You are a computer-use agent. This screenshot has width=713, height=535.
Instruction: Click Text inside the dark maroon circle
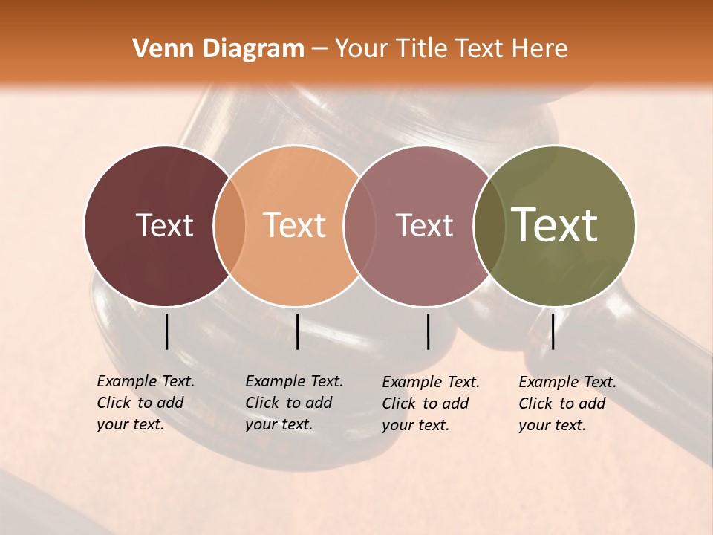pos(164,226)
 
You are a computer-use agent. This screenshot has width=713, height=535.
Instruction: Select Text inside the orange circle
pos(295,226)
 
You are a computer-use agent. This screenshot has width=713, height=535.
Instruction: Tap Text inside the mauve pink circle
pos(424,226)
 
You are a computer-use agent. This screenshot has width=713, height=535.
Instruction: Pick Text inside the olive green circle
pos(555,226)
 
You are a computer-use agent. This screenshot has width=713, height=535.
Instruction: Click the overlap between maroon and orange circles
pos(229,226)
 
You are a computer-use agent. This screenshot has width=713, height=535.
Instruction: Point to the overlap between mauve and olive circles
pos(489,226)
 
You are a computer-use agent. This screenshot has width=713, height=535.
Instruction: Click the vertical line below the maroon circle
pos(166,331)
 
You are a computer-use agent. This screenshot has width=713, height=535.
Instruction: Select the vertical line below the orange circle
pos(297,331)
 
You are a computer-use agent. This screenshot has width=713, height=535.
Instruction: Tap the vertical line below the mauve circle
pos(428,331)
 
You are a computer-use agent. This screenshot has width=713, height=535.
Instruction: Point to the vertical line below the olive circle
pos(553,331)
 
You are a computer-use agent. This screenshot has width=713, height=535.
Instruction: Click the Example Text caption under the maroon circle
pos(145,403)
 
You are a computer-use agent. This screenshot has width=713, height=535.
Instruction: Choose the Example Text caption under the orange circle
pos(293,403)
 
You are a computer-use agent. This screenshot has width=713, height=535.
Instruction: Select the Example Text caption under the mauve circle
pos(430,403)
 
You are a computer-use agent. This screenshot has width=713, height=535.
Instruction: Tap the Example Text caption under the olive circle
pos(567,403)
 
